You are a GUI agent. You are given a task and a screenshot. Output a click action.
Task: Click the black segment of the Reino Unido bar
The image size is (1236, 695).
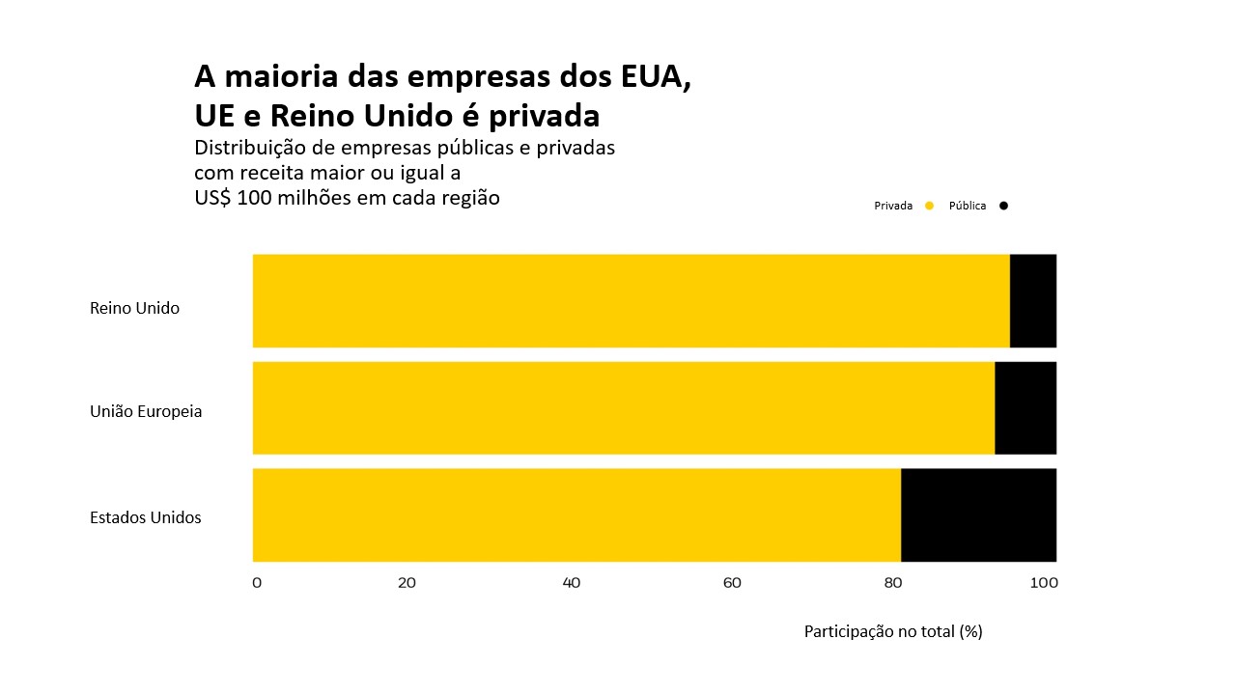click(1033, 300)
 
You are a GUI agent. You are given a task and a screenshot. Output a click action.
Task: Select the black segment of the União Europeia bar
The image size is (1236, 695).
click(1025, 407)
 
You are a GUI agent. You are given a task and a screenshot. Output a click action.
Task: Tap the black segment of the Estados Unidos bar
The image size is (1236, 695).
click(978, 514)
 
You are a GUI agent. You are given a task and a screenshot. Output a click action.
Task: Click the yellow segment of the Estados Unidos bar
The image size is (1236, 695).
click(576, 514)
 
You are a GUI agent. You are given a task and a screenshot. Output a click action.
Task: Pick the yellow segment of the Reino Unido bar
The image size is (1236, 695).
click(631, 300)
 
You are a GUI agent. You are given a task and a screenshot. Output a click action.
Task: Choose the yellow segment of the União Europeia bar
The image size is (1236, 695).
click(623, 407)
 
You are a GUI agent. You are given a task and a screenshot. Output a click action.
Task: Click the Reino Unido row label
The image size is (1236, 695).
click(134, 309)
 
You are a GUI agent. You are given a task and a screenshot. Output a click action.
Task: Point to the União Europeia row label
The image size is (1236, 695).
click(146, 411)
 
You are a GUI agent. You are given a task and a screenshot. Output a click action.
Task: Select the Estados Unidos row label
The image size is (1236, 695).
click(146, 517)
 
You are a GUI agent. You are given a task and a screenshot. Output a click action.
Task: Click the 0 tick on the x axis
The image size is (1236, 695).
click(257, 583)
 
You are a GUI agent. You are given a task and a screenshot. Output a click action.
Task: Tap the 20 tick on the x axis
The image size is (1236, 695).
click(407, 583)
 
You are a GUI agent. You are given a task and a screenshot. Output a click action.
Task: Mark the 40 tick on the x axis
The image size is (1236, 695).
click(571, 583)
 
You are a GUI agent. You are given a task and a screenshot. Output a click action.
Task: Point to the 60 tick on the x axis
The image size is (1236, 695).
click(732, 583)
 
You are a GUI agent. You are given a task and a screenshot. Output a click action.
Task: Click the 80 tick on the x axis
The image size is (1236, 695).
click(893, 583)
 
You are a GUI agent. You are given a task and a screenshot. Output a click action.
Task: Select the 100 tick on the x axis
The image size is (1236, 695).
click(1044, 583)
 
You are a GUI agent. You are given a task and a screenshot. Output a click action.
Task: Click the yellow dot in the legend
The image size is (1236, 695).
click(929, 206)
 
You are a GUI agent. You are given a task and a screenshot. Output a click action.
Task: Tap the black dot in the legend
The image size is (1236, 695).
click(1003, 206)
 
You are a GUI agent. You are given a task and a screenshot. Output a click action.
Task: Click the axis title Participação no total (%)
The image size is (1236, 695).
click(893, 631)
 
